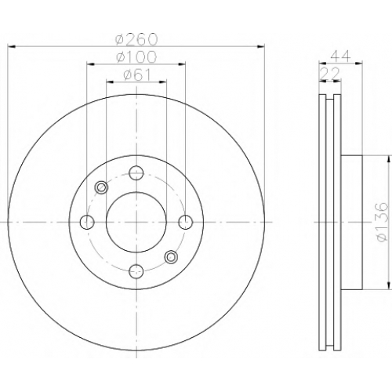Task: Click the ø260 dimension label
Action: point(136,39)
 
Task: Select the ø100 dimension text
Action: point(136,56)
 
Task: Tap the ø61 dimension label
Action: point(137,75)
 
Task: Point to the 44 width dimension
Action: point(340,56)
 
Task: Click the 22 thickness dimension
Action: point(330,74)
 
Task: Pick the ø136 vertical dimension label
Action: point(381,222)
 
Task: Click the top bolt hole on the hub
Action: point(136,172)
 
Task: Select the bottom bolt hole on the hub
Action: point(136,271)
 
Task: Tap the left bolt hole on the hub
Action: point(87,222)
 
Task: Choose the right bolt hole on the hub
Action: point(186,222)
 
